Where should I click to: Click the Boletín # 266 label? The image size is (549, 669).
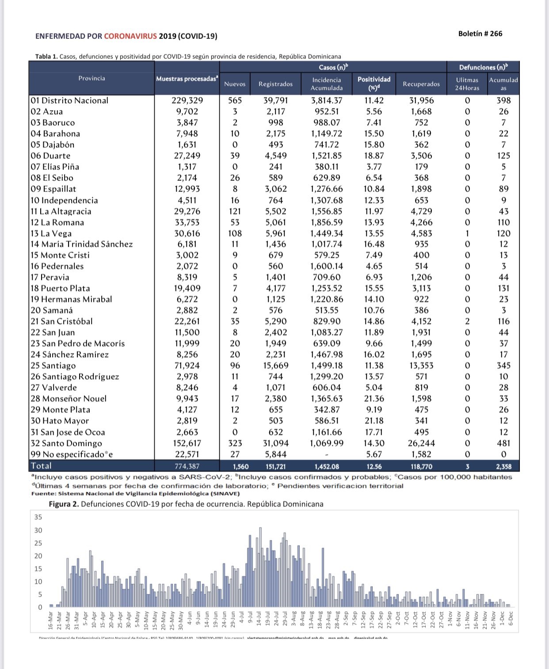pyautogui.click(x=480, y=34)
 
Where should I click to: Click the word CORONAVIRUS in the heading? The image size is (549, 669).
pyautogui.click(x=130, y=36)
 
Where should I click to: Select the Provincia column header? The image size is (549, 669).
pyautogui.click(x=91, y=78)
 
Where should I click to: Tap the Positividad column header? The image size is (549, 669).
pyautogui.click(x=374, y=83)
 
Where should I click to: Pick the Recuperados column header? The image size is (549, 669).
pyautogui.click(x=421, y=84)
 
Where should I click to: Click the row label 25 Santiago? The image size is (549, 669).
pyautogui.click(x=53, y=366)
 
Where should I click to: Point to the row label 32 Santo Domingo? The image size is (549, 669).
pyautogui.click(x=66, y=443)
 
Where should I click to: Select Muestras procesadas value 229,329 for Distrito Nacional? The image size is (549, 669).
pyautogui.click(x=187, y=101)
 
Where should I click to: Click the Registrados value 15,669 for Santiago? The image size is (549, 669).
pyautogui.click(x=275, y=366)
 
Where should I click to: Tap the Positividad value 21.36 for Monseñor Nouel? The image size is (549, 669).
pyautogui.click(x=374, y=399)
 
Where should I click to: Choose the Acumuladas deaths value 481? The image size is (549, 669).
pyautogui.click(x=503, y=443)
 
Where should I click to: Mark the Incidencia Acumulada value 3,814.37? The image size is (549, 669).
pyautogui.click(x=327, y=101)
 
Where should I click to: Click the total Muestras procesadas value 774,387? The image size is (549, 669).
pyautogui.click(x=187, y=466)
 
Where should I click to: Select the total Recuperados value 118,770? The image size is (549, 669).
pyautogui.click(x=421, y=466)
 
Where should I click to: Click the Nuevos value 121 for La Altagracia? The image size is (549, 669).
pyautogui.click(x=235, y=211)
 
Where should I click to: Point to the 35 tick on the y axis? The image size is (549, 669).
pyautogui.click(x=38, y=517)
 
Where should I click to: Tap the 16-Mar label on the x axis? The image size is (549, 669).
pyautogui.click(x=51, y=621)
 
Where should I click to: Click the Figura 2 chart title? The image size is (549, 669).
pyautogui.click(x=186, y=504)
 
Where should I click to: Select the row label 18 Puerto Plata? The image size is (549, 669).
pyautogui.click(x=60, y=288)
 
